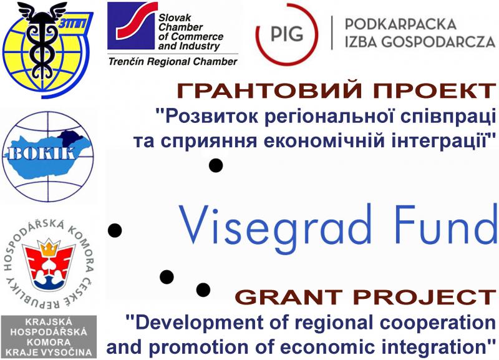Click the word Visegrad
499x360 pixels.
(x=275, y=225)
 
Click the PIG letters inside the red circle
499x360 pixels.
(x=287, y=33)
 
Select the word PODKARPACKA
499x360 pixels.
(x=400, y=24)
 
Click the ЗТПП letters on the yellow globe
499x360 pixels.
(x=71, y=24)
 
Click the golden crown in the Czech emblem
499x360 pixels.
(x=49, y=248)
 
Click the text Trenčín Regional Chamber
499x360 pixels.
(x=173, y=61)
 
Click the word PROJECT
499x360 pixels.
(x=425, y=297)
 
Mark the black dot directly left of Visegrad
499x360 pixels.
(x=115, y=230)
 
